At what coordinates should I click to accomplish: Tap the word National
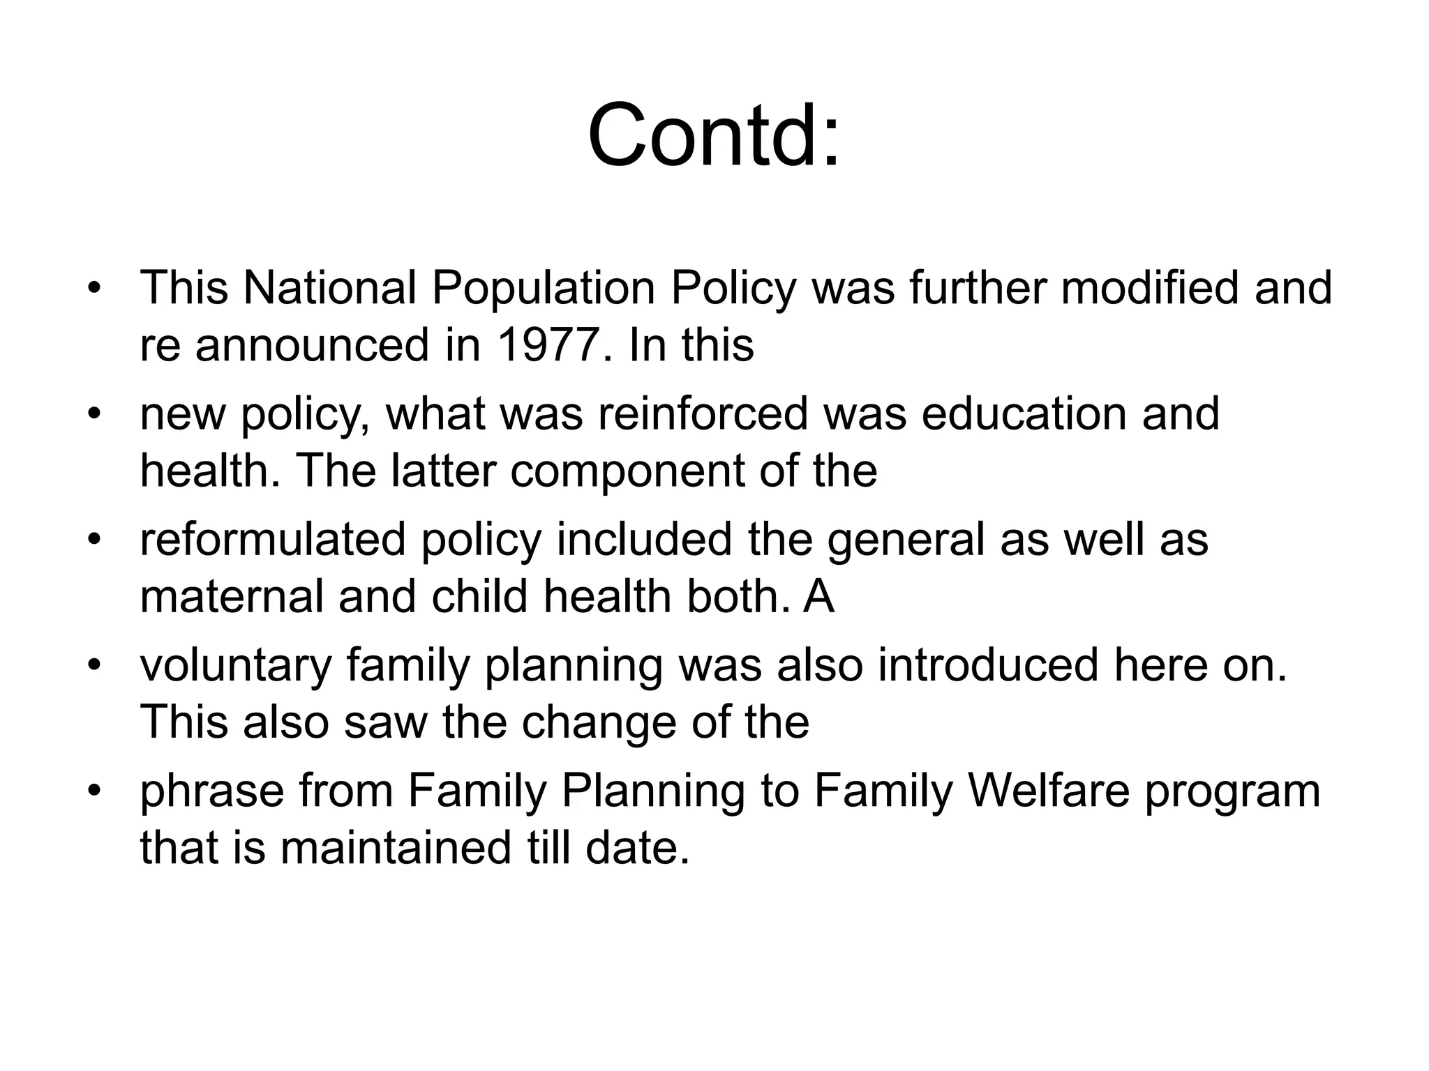click(329, 288)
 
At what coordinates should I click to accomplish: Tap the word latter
click(444, 471)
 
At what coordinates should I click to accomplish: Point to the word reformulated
click(273, 540)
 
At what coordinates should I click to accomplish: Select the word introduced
click(989, 665)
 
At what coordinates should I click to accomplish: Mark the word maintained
click(396, 849)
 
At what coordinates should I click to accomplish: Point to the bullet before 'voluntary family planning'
click(95, 666)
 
